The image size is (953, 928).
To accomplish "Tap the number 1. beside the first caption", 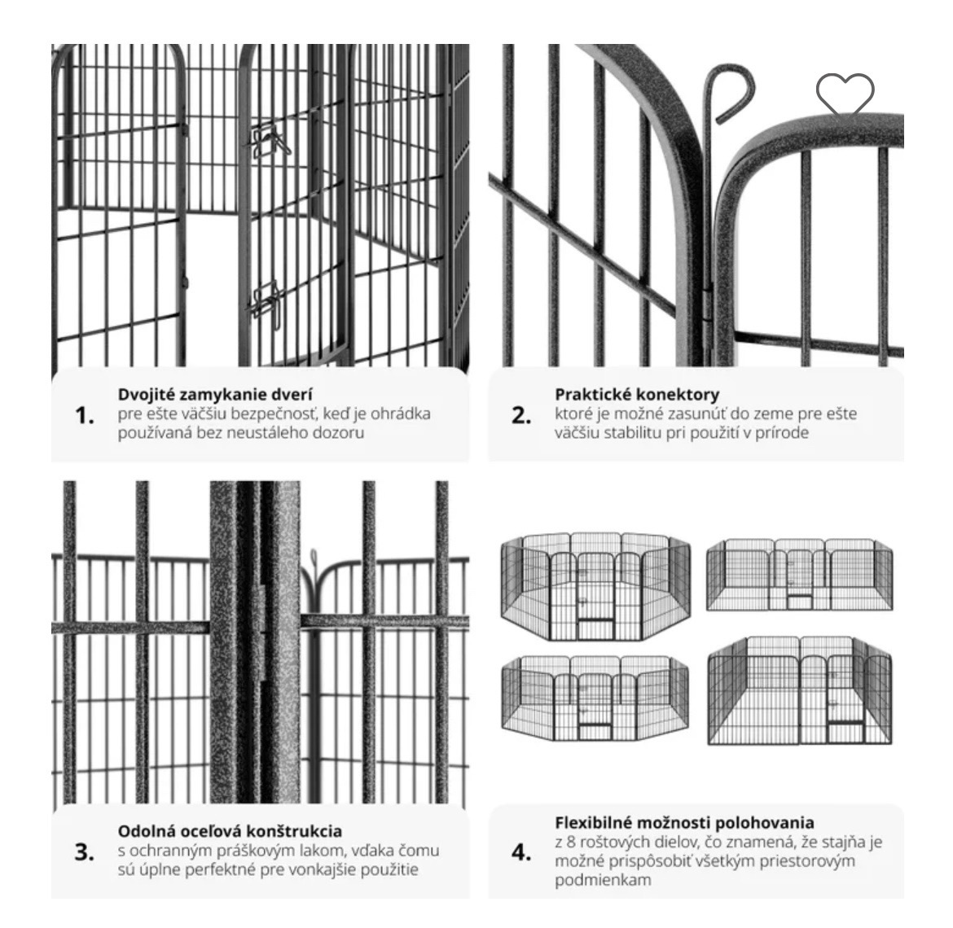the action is pos(85,415).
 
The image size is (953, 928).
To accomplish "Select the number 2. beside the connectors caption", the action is pos(521,415).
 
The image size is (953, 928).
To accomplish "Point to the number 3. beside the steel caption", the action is pos(85,851).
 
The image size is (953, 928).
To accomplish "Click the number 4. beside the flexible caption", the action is pos(521,852).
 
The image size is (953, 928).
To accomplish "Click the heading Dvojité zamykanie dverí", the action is pos(215,395).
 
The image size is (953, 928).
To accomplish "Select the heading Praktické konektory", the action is pos(637,395).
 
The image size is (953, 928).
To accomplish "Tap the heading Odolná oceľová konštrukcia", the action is pos(230,831).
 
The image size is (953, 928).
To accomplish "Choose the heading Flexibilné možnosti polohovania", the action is pos(684,823).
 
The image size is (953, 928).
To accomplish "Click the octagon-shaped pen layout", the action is pos(595,587).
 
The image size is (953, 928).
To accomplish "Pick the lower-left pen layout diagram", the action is pos(595,697).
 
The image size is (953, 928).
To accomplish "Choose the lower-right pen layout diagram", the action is pos(800,690).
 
